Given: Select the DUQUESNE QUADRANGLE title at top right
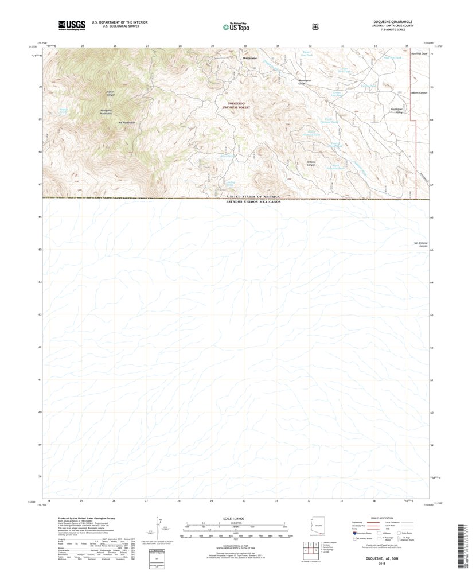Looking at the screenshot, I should tap(392, 22).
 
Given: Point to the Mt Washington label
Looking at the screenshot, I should tap(127, 122).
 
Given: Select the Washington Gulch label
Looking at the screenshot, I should tap(304, 81).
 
